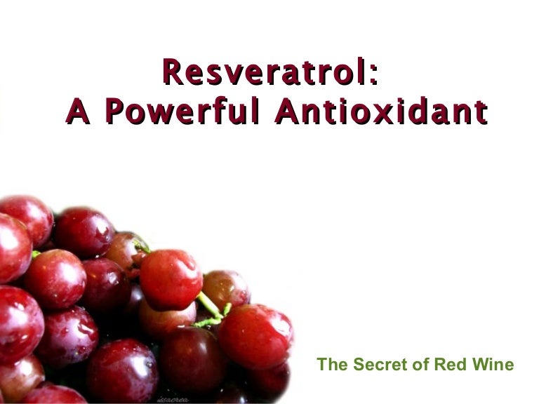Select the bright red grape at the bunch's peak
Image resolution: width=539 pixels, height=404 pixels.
pyautogui.click(x=171, y=278)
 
